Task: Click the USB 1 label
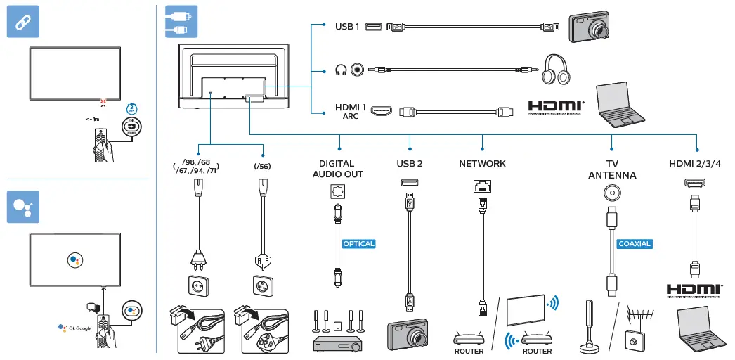click(x=347, y=27)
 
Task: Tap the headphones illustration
click(x=559, y=70)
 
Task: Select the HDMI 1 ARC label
click(x=351, y=111)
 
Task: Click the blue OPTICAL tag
click(x=358, y=244)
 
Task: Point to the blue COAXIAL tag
click(x=635, y=244)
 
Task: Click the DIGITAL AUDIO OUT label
click(x=337, y=169)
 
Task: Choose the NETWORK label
click(x=482, y=164)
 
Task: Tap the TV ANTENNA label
click(x=612, y=169)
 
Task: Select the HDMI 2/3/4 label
click(x=695, y=164)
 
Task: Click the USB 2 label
click(x=409, y=164)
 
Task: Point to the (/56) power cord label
click(x=262, y=167)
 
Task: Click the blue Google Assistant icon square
click(x=23, y=206)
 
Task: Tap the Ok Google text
click(x=78, y=328)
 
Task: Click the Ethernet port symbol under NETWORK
click(x=482, y=186)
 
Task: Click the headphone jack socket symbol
click(x=359, y=70)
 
